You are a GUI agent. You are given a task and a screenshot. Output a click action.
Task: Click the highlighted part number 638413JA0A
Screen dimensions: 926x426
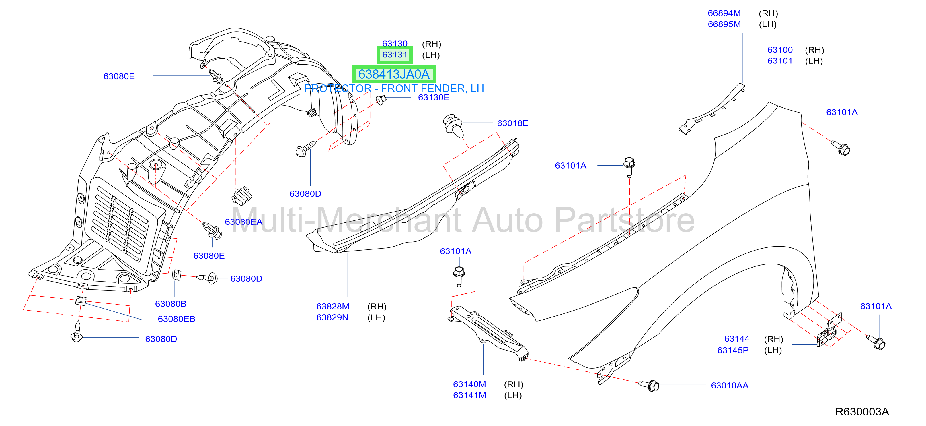click(x=394, y=74)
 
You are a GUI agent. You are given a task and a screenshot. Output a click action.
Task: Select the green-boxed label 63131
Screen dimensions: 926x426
click(x=394, y=55)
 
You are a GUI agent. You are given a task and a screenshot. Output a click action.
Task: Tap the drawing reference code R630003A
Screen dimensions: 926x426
click(x=862, y=412)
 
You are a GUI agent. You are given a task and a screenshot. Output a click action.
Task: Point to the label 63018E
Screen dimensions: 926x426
click(x=512, y=123)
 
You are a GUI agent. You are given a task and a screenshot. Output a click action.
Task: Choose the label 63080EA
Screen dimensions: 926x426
click(x=243, y=222)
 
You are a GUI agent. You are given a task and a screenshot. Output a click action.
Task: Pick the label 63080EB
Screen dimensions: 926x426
click(x=176, y=319)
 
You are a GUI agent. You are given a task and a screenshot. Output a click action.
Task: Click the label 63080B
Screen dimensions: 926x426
click(x=170, y=304)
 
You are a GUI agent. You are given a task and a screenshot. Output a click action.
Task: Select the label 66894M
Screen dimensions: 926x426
click(x=724, y=13)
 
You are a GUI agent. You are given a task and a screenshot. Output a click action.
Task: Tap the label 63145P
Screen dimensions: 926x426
click(x=733, y=350)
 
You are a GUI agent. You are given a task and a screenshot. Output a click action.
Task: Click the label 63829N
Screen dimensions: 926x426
click(x=332, y=318)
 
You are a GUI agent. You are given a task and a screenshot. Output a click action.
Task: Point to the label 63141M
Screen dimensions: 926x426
click(x=469, y=395)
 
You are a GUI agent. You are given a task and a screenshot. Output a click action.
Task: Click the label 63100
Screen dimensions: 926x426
click(x=780, y=50)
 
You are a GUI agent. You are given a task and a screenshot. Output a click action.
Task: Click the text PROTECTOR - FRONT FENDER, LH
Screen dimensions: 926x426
click(x=394, y=88)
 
